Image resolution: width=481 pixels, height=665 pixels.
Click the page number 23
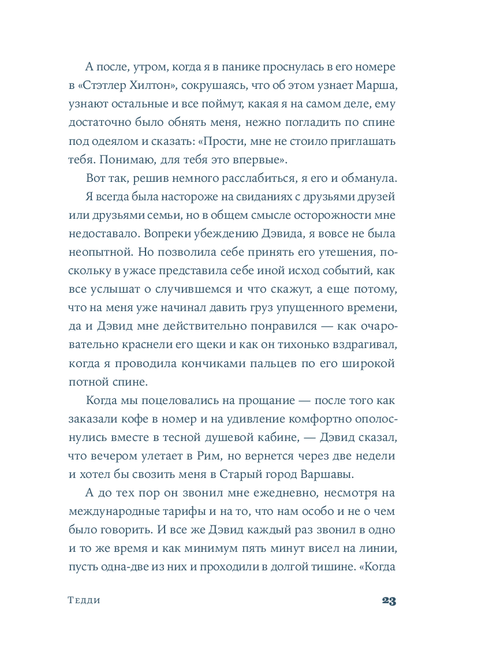388,600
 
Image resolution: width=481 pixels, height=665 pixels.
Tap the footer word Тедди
84,600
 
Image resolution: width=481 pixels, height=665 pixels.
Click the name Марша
375,87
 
